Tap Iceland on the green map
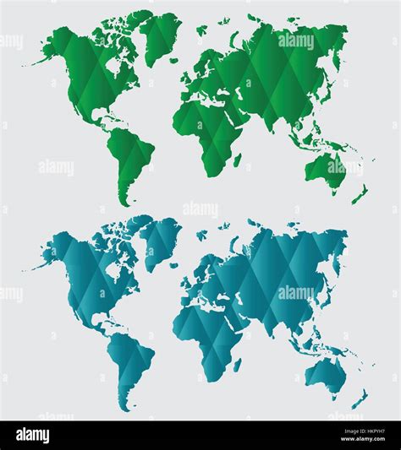(x=200, y=31)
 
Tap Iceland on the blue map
(x=200, y=236)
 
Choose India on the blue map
(x=273, y=317)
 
